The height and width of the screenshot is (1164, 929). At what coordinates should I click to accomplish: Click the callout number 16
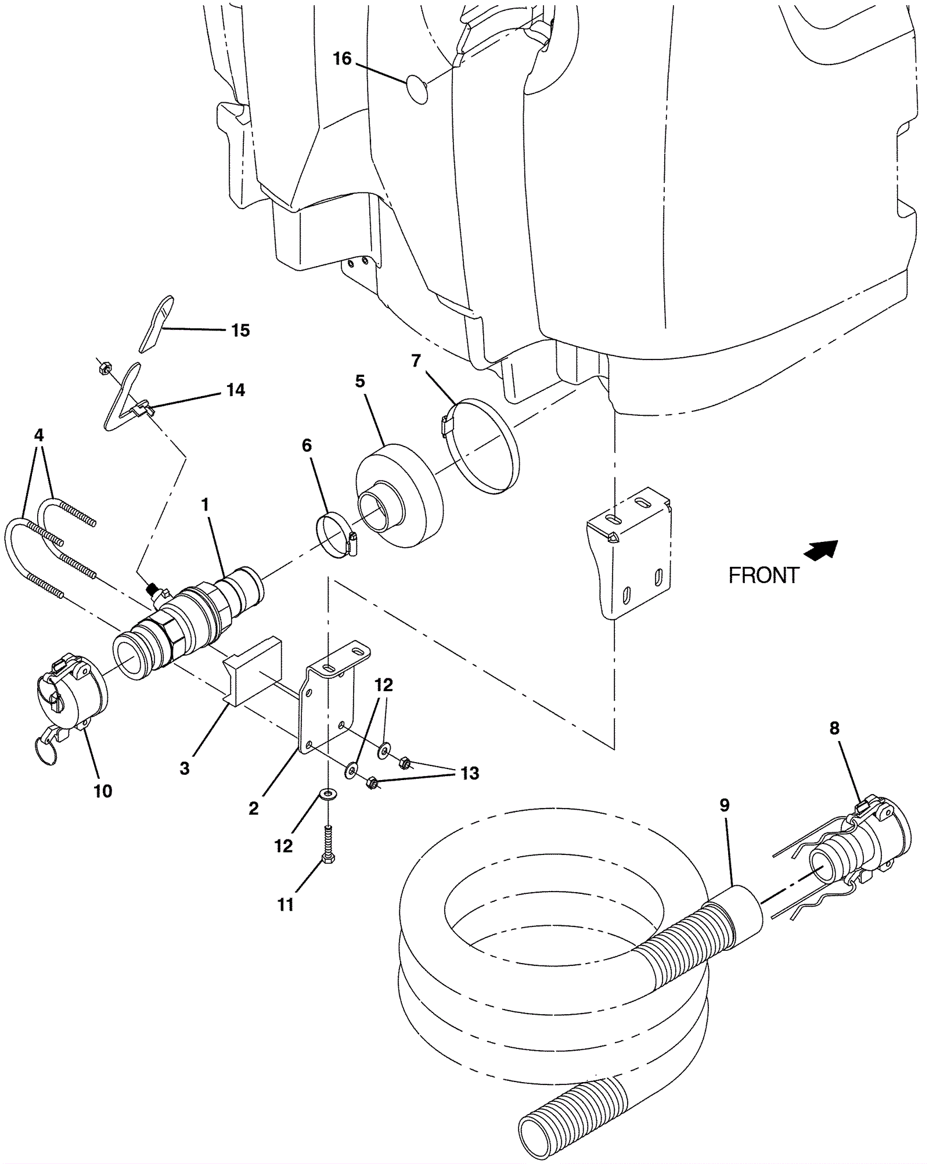tap(342, 59)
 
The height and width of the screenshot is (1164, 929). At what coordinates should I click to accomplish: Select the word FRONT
tap(764, 576)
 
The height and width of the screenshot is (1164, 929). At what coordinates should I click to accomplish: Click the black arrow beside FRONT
tap(822, 549)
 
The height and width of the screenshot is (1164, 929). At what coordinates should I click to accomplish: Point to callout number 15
tap(240, 330)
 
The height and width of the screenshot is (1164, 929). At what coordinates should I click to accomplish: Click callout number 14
tap(236, 390)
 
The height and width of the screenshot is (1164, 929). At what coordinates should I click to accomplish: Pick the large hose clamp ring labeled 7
tap(485, 446)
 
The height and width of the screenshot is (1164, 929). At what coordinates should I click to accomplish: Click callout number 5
tap(360, 382)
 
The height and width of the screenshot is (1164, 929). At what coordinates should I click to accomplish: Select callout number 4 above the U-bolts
tap(39, 435)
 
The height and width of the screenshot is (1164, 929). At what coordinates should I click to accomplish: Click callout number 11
tap(286, 904)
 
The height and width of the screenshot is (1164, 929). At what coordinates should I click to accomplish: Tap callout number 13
tap(470, 773)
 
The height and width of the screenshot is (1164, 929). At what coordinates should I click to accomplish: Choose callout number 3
tap(185, 768)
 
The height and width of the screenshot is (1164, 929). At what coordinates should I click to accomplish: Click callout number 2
tap(254, 808)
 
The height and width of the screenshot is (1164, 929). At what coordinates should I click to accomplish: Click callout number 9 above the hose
tap(724, 805)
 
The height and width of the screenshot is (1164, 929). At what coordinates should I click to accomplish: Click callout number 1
tap(204, 505)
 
